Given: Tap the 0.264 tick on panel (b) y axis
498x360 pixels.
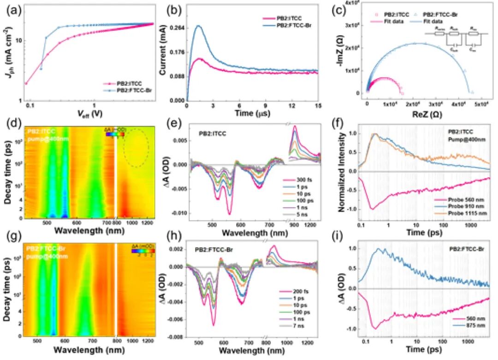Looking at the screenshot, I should (178, 28).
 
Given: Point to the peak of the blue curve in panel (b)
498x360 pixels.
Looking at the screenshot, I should (199, 26).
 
